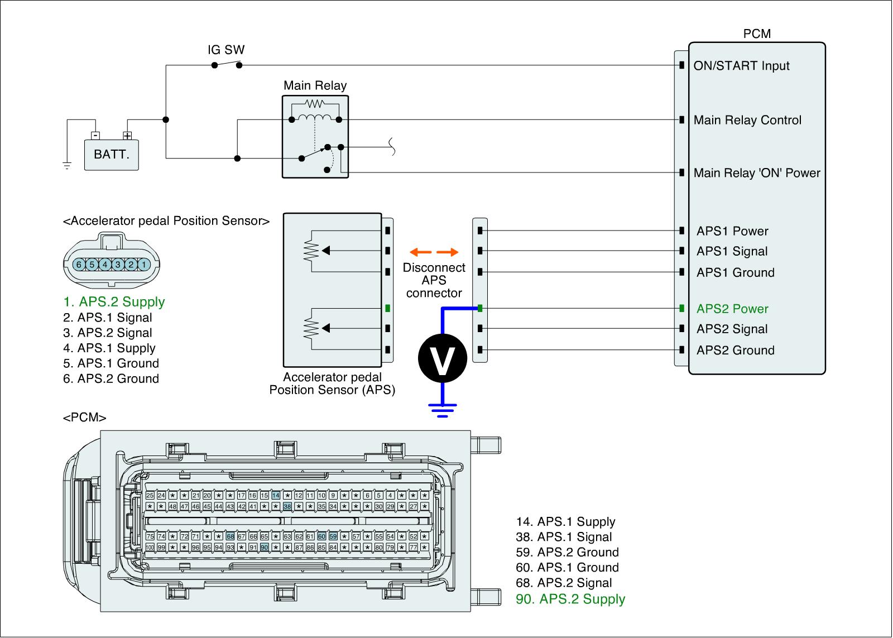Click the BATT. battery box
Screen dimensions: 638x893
tap(112, 154)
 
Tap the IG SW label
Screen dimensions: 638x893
tap(226, 50)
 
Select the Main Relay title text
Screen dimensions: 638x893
tap(315, 85)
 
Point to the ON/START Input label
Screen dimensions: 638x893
tap(741, 66)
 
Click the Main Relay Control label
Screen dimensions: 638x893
tap(747, 120)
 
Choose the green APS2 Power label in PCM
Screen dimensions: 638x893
tap(732, 309)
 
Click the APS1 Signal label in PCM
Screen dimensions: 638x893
tap(732, 251)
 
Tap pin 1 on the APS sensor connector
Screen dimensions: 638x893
tap(144, 264)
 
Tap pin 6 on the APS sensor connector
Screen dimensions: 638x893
tap(79, 264)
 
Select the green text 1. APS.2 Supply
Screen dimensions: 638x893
tap(114, 302)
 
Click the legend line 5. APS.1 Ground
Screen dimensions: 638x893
tap(111, 363)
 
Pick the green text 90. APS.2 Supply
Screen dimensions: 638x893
tap(570, 599)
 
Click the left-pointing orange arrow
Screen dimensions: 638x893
tap(419, 252)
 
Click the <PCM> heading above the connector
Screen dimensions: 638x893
tap(85, 418)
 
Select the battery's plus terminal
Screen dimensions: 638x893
tap(127, 135)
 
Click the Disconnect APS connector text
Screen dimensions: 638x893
tap(434, 280)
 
